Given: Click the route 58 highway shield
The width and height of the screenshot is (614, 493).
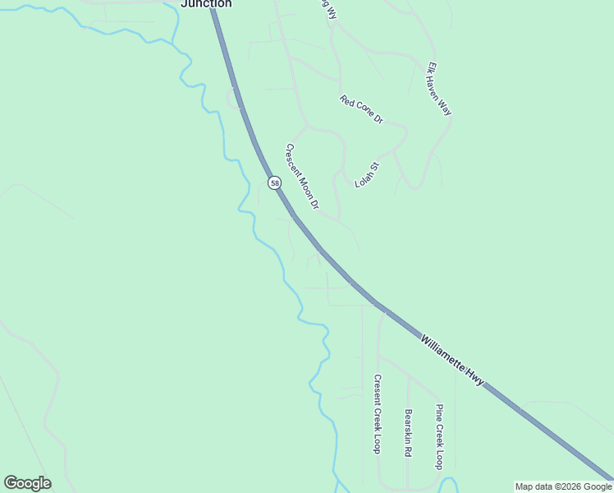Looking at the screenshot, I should (274, 182).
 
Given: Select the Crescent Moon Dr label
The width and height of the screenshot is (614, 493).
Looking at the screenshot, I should (301, 176).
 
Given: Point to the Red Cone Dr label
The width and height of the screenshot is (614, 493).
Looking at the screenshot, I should (361, 109).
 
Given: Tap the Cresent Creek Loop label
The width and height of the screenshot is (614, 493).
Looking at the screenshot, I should (377, 413).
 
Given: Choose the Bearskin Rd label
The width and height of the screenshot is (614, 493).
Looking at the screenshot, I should (407, 433).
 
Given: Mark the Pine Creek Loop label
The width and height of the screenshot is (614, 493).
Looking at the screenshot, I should (440, 435).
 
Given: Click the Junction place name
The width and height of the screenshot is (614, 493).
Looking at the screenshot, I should (206, 4).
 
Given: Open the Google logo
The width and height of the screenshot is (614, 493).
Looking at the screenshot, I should (27, 483).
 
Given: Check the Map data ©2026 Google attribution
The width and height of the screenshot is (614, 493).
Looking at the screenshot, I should (563, 486).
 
